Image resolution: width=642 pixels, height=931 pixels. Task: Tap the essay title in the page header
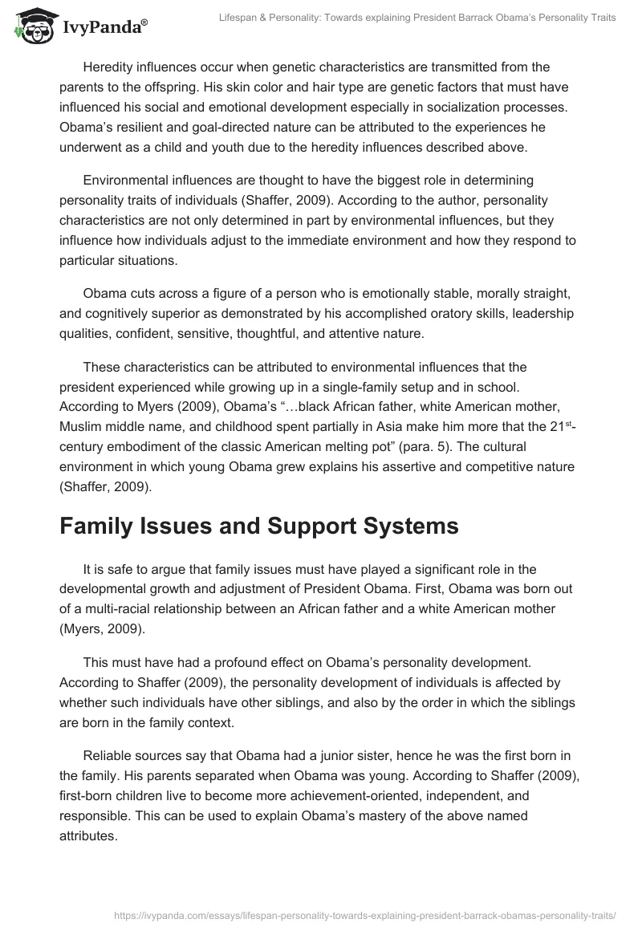(x=417, y=18)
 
